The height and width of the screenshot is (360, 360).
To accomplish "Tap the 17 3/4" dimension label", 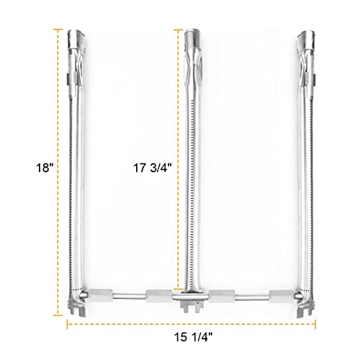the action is pyautogui.click(x=153, y=168).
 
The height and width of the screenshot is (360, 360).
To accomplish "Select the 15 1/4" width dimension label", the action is pyautogui.click(x=194, y=337).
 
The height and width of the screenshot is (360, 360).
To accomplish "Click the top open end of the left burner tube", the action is pyautogui.click(x=76, y=34).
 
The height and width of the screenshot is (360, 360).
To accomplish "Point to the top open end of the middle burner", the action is pyautogui.click(x=192, y=33).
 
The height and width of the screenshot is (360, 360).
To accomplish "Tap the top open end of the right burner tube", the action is pyautogui.click(x=305, y=34).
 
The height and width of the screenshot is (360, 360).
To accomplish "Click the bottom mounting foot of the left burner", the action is pyautogui.click(x=77, y=310).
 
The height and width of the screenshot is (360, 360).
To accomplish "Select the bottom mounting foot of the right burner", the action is pyautogui.click(x=305, y=310).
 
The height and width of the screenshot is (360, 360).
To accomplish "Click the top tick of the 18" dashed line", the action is pyautogui.click(x=58, y=30).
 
